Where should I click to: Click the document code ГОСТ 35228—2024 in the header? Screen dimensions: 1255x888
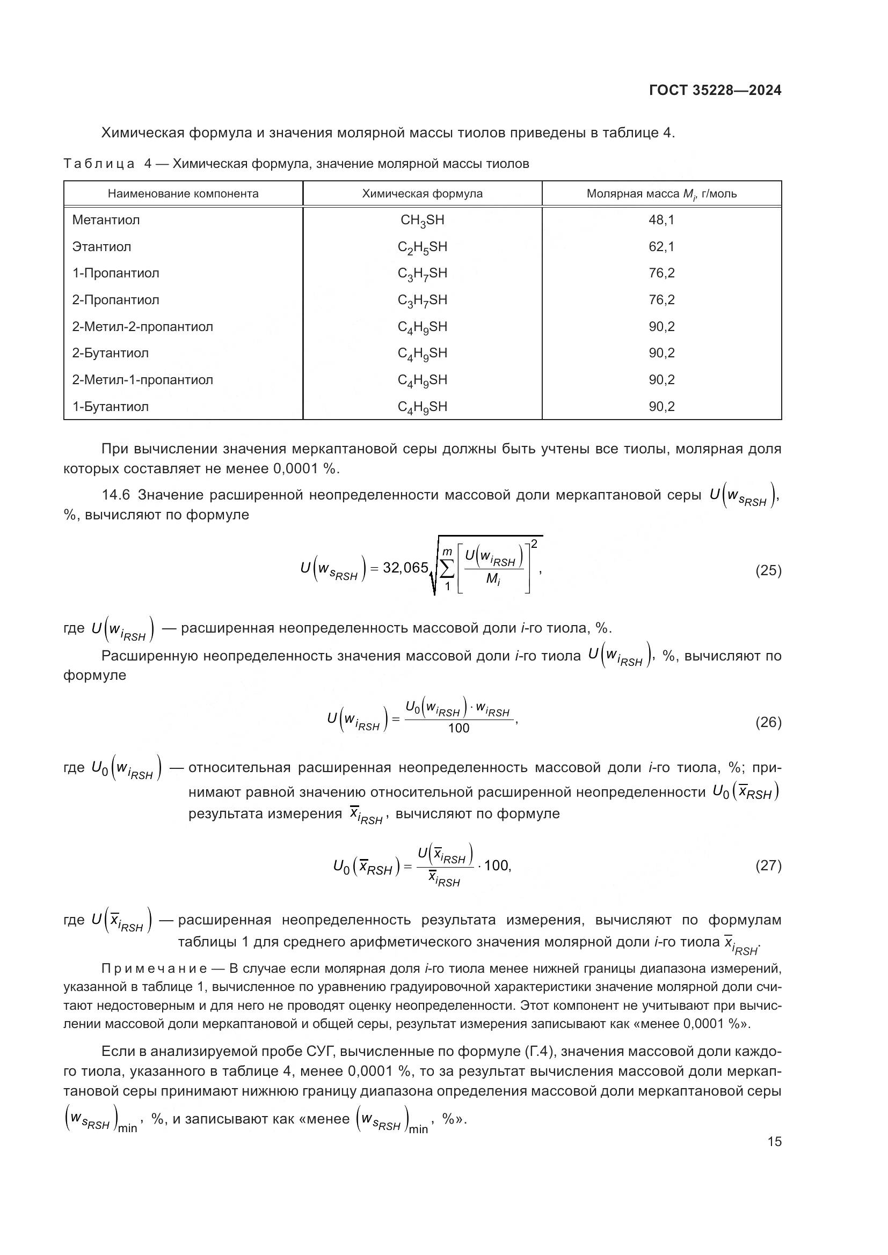pos(715,90)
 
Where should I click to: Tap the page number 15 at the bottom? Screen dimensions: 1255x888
pos(774,1141)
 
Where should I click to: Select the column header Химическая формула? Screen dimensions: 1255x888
pos(422,194)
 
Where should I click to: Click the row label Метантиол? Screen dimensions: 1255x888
pos(106,221)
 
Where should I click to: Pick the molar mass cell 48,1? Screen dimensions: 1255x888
pos(661,221)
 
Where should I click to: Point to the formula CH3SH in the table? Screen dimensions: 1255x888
pos(422,221)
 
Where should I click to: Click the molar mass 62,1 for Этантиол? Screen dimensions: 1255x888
pos(661,247)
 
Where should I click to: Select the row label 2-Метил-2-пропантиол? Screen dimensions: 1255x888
pos(143,327)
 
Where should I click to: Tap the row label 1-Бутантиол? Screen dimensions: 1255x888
pos(111,407)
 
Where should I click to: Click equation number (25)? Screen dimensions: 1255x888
pos(768,571)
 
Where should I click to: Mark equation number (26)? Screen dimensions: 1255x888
pos(768,723)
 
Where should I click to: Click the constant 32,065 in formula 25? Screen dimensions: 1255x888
pos(405,568)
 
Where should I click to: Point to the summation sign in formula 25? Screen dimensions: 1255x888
pos(447,569)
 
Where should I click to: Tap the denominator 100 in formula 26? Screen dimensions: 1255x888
pos(458,729)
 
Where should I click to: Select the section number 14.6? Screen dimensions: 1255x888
pos(116,495)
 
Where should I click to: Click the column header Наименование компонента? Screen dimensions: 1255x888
pos(183,194)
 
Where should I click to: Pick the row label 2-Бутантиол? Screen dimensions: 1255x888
pos(111,353)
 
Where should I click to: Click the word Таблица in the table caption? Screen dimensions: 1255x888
pos(99,164)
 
